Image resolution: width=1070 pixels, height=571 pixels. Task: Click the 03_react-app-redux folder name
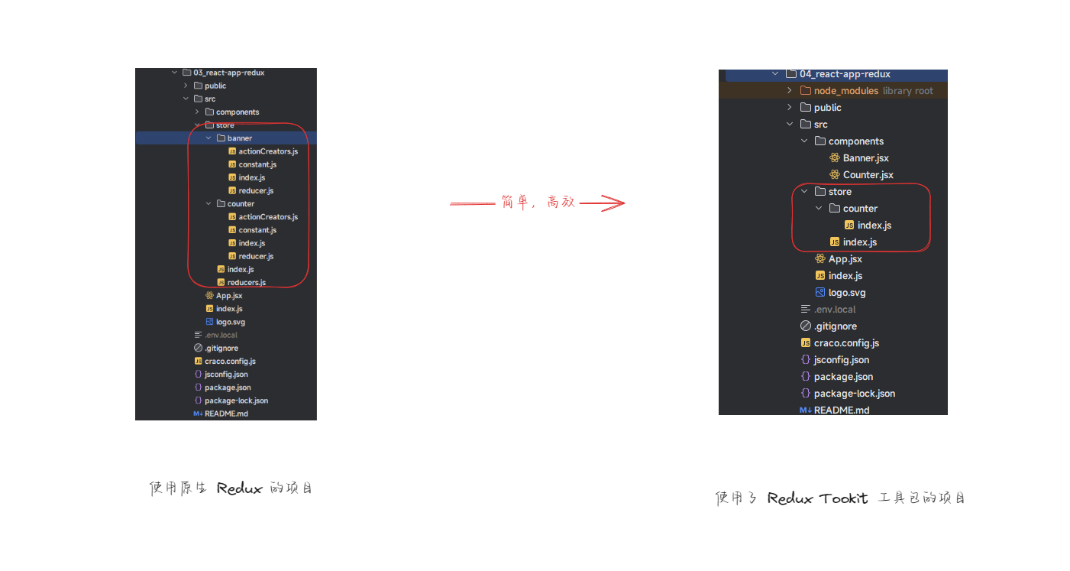(x=229, y=73)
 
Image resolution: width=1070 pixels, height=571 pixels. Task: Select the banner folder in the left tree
(x=239, y=138)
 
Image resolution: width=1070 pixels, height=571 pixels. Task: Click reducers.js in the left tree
(x=247, y=283)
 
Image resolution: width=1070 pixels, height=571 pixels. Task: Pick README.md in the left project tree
(x=226, y=414)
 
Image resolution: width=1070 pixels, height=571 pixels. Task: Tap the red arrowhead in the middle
(x=613, y=203)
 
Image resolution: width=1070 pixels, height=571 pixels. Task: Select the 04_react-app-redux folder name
(x=845, y=74)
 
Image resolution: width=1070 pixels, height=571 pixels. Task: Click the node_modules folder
(x=846, y=91)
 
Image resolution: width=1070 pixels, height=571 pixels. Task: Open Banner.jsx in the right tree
(x=865, y=158)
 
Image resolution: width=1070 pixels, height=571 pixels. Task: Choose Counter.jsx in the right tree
(x=868, y=175)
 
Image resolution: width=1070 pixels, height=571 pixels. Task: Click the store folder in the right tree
(x=840, y=192)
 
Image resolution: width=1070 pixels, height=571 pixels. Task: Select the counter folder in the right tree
(x=860, y=209)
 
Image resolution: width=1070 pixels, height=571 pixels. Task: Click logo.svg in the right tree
(x=847, y=293)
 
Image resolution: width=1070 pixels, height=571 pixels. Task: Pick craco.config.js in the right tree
(x=846, y=343)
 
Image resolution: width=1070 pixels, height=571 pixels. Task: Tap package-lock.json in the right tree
(x=855, y=394)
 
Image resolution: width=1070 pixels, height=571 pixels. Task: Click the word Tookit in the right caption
(x=843, y=498)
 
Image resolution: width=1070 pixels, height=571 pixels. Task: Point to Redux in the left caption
(x=239, y=488)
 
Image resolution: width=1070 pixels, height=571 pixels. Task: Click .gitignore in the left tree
(x=221, y=348)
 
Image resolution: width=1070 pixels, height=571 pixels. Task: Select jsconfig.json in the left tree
(x=226, y=375)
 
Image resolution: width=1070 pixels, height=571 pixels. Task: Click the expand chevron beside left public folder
(x=186, y=86)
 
